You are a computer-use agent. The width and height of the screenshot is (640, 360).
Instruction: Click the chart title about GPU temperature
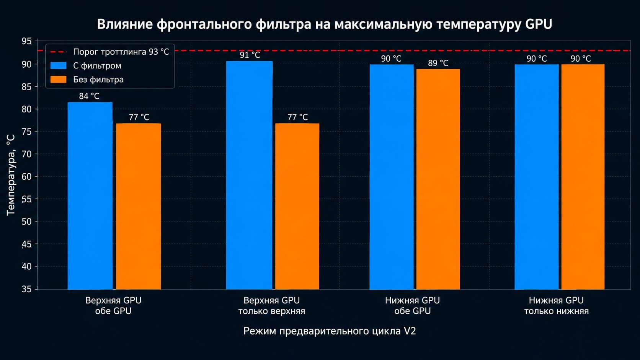(325, 24)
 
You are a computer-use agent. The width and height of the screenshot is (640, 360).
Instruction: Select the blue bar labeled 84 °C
(90, 196)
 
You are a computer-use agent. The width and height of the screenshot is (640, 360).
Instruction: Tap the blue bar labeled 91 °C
(249, 175)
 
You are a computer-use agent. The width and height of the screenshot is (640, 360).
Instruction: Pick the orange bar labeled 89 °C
(438, 179)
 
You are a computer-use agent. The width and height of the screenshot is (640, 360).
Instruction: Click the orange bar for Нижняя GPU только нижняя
(583, 177)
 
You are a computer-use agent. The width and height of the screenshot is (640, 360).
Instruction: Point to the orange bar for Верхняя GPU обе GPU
(138, 207)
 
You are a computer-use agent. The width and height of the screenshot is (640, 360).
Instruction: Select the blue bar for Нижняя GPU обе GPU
(392, 177)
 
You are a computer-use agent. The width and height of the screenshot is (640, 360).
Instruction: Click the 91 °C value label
(250, 55)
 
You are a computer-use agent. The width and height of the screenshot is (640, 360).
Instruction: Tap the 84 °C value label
(89, 96)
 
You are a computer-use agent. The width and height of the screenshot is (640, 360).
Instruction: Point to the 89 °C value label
(438, 63)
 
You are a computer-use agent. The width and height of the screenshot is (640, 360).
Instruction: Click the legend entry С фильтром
(86, 66)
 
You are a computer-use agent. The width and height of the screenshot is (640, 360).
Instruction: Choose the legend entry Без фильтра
(87, 79)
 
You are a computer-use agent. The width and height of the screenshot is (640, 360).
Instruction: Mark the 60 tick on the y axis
(26, 176)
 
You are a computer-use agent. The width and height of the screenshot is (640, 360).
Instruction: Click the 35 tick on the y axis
(26, 289)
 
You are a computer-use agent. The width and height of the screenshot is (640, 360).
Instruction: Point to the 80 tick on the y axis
(26, 109)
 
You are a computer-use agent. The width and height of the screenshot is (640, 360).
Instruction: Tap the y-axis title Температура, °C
(11, 175)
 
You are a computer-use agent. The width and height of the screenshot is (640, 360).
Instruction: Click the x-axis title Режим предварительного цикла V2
(330, 331)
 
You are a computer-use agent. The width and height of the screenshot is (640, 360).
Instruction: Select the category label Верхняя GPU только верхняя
(271, 306)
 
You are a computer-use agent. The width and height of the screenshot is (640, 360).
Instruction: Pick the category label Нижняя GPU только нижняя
(556, 306)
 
